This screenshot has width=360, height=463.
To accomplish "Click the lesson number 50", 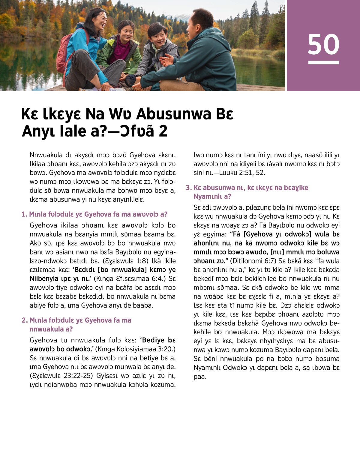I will (x=323, y=44).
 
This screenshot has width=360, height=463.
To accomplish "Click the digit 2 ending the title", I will (x=163, y=131).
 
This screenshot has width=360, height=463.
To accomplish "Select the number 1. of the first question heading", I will (x=24, y=214).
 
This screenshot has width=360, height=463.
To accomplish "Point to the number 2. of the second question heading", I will (x=25, y=320).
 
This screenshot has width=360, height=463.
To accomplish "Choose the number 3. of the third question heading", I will (x=189, y=188).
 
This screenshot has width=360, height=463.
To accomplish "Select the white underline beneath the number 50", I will (x=323, y=62).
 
